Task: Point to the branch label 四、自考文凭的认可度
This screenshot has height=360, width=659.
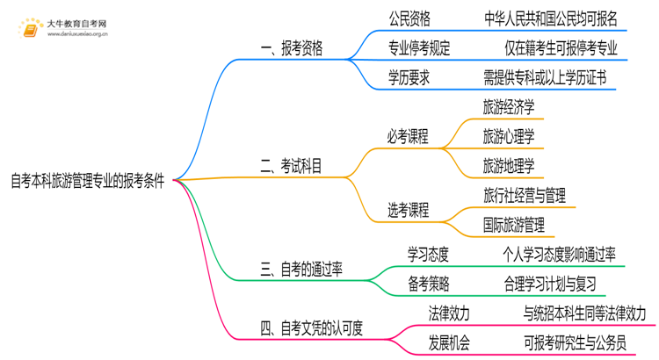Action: (x=313, y=328)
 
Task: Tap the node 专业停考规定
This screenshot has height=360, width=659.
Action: (x=419, y=48)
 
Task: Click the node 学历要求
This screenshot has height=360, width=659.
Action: (x=409, y=78)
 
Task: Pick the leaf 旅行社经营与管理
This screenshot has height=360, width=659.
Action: (x=524, y=194)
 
